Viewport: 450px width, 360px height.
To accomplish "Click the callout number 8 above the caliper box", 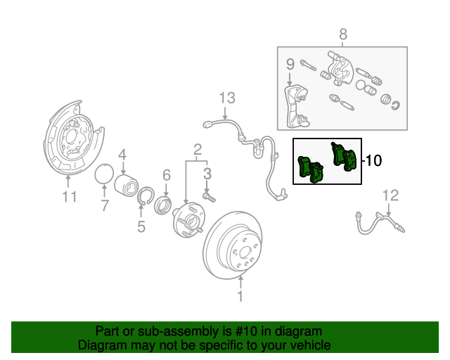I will [x=343, y=34].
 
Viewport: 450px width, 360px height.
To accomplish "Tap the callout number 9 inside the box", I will [x=289, y=65].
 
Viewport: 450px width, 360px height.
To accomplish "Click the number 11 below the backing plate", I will [x=68, y=197].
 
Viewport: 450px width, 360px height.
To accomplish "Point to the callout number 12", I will [x=390, y=195].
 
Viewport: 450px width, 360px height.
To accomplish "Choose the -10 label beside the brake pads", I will [x=373, y=161].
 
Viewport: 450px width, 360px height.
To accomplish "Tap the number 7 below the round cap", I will [x=104, y=206].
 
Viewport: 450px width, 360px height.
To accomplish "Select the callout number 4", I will [x=122, y=155].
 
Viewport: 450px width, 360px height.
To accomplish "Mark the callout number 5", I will [x=141, y=226].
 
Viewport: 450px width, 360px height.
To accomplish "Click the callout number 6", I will [x=167, y=174].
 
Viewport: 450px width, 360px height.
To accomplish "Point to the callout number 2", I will [x=198, y=148].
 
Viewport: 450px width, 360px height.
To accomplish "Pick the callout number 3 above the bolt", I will [x=207, y=173].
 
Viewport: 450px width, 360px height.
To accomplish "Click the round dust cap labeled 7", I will [x=104, y=174].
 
